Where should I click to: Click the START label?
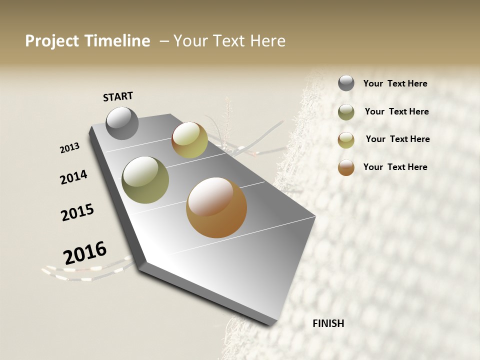(x=118, y=96)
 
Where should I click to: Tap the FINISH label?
(x=328, y=323)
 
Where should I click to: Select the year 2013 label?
(x=70, y=148)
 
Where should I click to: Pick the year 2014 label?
(x=73, y=177)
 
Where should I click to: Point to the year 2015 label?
(x=77, y=212)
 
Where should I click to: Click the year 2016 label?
(x=85, y=252)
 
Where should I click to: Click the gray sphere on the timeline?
(x=122, y=123)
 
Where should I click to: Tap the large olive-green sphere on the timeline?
(x=145, y=180)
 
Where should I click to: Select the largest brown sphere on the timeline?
(x=216, y=207)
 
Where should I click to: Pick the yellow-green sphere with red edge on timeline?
(x=189, y=140)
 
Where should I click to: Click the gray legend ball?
(x=346, y=83)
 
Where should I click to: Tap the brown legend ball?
(x=346, y=167)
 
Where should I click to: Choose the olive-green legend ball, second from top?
(x=346, y=112)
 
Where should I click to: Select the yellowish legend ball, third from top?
(x=346, y=140)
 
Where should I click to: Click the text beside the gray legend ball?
(x=395, y=84)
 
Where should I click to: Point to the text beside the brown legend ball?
(x=395, y=167)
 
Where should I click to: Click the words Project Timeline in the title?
(x=87, y=41)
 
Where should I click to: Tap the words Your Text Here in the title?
(x=229, y=41)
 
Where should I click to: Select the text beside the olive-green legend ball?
(x=396, y=111)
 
